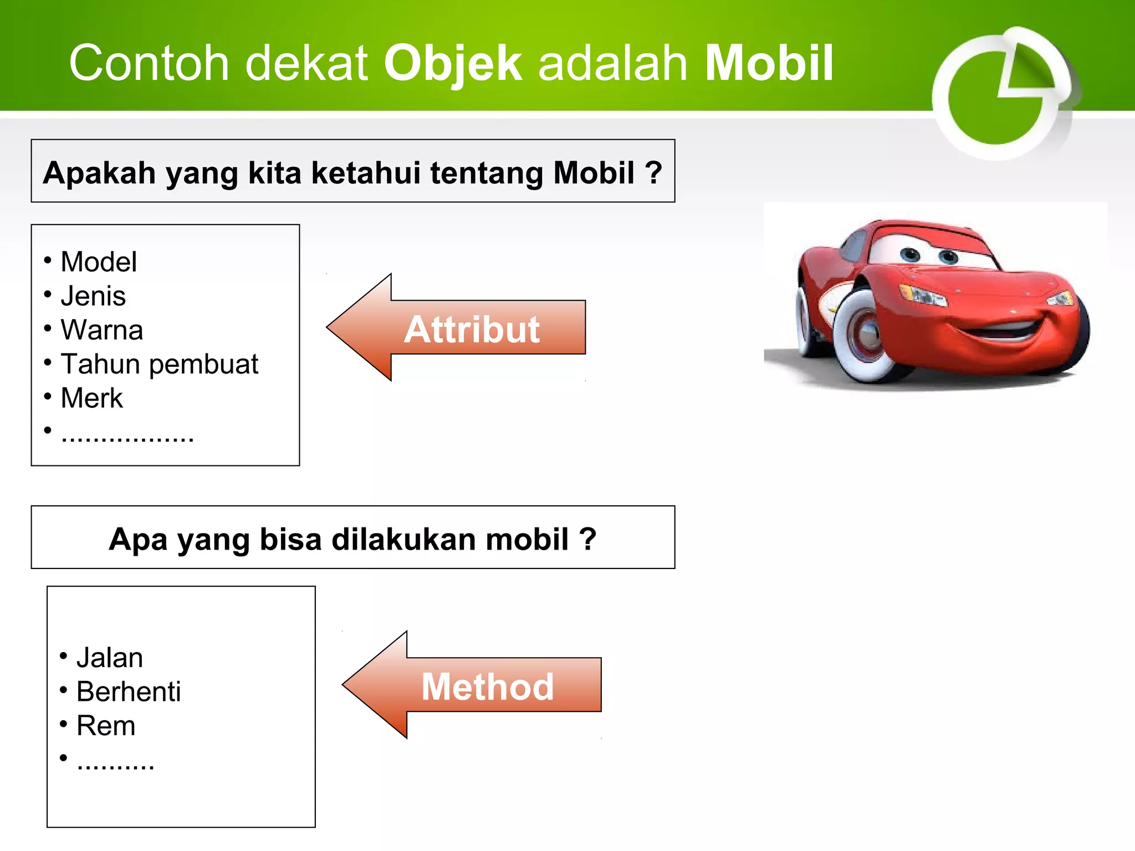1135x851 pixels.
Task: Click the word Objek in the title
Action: point(452,63)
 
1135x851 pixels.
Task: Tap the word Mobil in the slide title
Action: point(769,63)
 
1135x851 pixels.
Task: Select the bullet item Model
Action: point(99,262)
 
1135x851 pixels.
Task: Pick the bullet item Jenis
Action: point(93,296)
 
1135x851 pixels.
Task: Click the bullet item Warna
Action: point(102,330)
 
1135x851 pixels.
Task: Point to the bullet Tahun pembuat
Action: point(160,364)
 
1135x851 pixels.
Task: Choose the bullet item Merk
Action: point(92,398)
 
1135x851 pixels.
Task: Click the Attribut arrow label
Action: point(472,330)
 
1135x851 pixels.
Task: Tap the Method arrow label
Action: point(488,687)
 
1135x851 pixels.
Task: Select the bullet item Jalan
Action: point(110,658)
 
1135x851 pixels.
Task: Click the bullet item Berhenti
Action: point(129,692)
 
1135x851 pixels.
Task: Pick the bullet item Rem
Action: point(106,726)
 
